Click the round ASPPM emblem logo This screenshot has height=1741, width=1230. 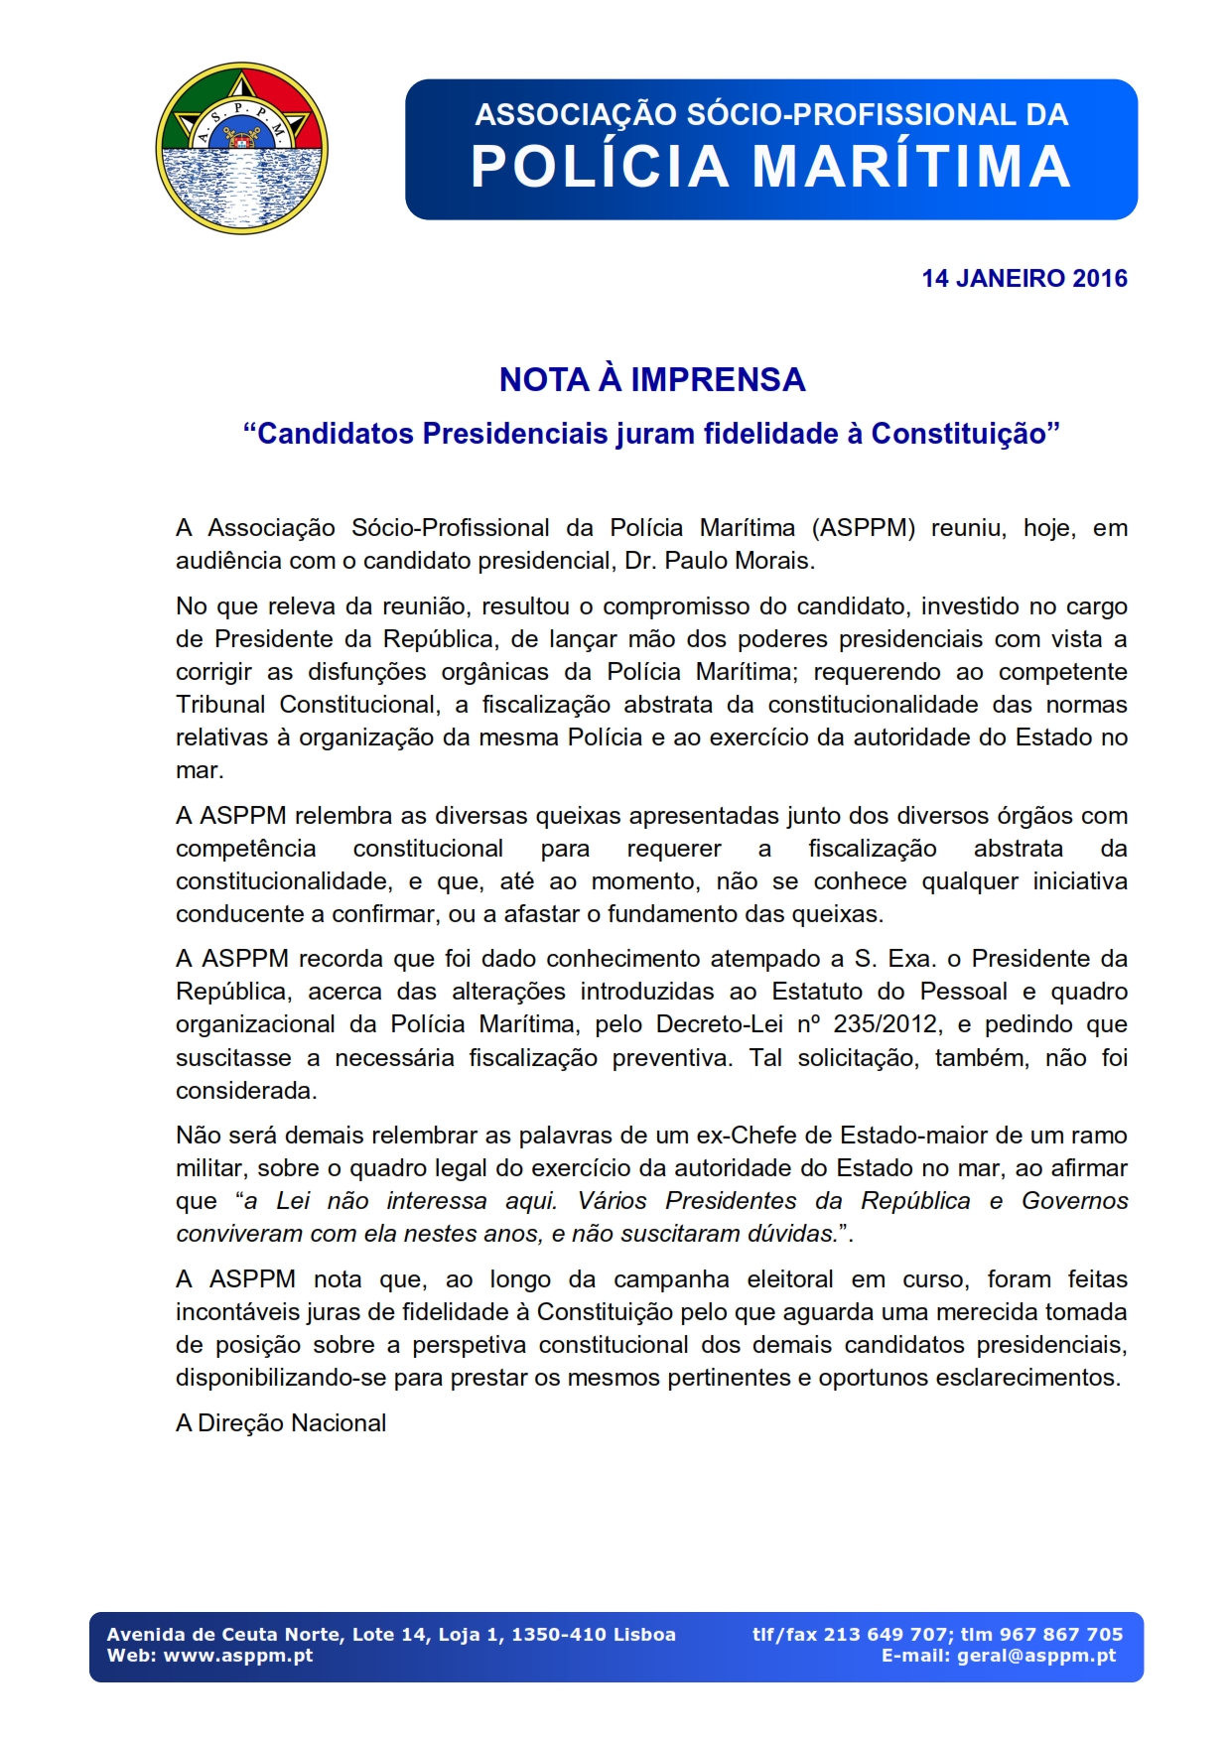coord(241,149)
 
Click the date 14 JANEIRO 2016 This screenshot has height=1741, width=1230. coord(1024,278)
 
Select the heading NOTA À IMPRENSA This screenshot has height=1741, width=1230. coord(652,379)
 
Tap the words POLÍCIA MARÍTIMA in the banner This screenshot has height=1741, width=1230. coord(770,167)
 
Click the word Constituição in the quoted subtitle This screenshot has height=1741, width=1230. coord(958,434)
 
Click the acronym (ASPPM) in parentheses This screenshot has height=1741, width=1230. coord(863,528)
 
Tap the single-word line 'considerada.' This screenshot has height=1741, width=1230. coord(246,1091)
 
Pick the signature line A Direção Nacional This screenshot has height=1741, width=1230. coord(281,1423)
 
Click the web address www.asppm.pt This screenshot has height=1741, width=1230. coord(238,1656)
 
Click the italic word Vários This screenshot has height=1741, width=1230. coord(612,1201)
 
